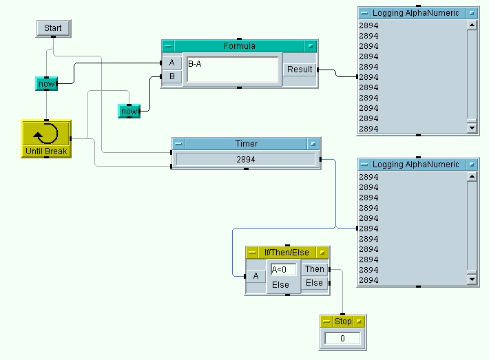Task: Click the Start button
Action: [52, 28]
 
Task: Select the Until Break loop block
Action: [45, 138]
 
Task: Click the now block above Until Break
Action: [46, 84]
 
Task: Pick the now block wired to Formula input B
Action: [129, 111]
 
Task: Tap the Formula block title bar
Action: [239, 46]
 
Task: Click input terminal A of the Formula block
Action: [171, 63]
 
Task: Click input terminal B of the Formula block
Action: [171, 76]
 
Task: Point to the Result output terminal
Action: [300, 70]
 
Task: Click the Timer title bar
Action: [246, 144]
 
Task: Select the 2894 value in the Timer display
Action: [246, 159]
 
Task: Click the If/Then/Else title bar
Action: [287, 253]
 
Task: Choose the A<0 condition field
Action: [283, 269]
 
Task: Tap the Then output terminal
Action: [315, 269]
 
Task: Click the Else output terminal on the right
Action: [315, 283]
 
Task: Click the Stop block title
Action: [343, 321]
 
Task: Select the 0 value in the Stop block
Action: [343, 338]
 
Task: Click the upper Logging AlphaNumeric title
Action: [415, 13]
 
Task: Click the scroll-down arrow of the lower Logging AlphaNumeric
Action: [472, 279]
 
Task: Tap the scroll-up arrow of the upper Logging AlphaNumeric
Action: [472, 25]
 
